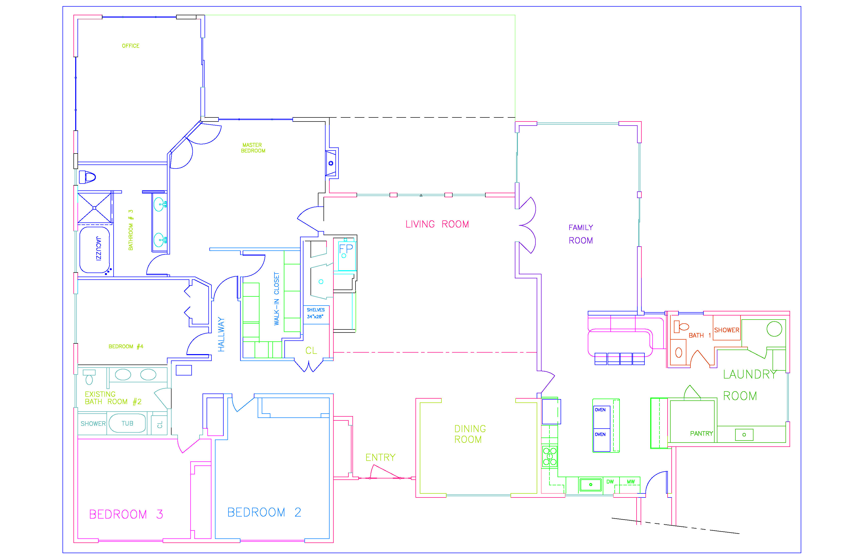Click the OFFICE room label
coord(130,46)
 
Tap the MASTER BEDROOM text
coord(253,148)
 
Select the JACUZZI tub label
coord(98,248)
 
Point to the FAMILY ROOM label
coord(581,234)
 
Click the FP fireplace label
coord(346,249)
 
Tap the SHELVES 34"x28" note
coord(315,313)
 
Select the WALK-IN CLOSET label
coord(276,299)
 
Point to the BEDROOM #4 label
coord(126,347)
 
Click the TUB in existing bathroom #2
coord(127,423)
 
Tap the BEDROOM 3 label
coord(126,514)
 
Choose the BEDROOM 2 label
coord(264,512)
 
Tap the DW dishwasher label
coord(610,482)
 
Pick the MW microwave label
coord(631,482)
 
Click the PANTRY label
coord(701,433)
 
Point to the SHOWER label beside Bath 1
coord(727,330)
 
